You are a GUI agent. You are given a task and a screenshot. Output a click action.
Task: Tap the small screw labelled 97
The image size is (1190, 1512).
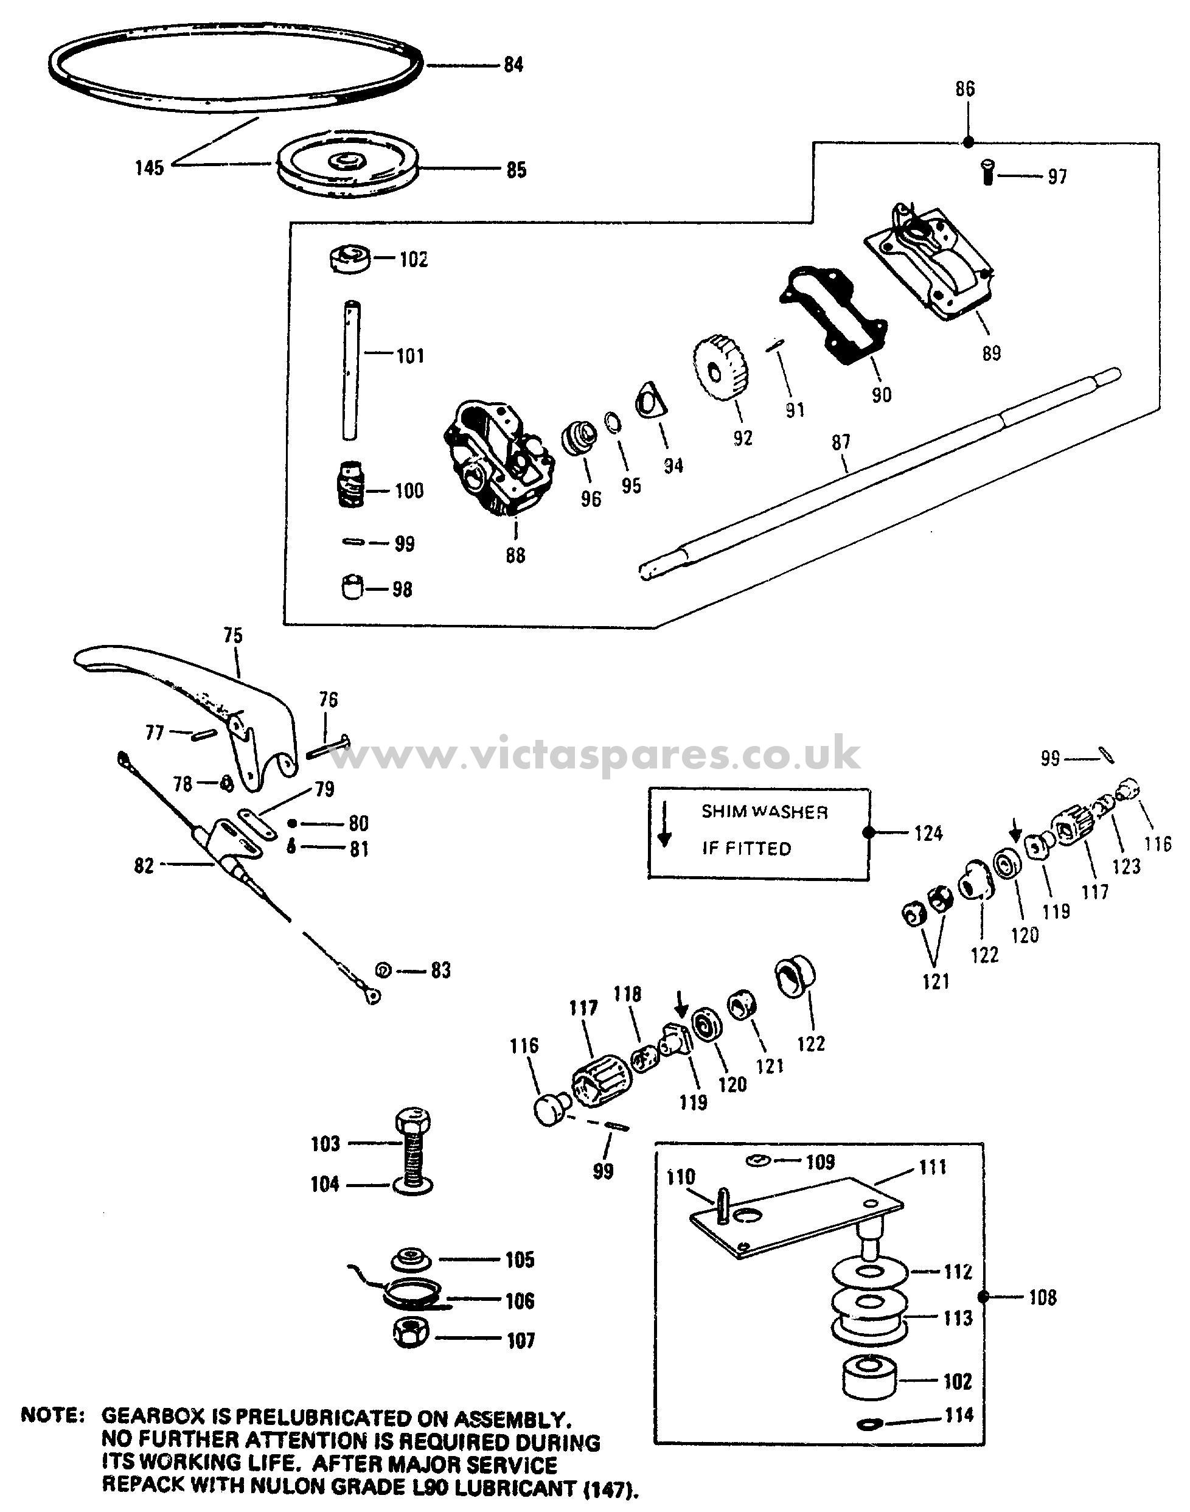point(989,172)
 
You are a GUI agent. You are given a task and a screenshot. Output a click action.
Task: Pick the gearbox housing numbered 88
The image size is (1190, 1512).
point(498,460)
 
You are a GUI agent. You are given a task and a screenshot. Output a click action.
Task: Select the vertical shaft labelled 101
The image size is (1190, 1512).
point(350,369)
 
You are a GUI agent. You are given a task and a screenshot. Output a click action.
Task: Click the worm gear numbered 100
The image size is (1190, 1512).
point(350,484)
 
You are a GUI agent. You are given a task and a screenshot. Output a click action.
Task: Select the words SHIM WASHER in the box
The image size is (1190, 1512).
point(764,812)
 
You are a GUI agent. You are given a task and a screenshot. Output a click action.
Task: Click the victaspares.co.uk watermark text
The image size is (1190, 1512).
point(596,754)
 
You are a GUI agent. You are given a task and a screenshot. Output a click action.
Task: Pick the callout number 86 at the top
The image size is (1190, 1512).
point(965,89)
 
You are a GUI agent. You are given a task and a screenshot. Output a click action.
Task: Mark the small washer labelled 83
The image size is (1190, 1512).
point(383,969)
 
